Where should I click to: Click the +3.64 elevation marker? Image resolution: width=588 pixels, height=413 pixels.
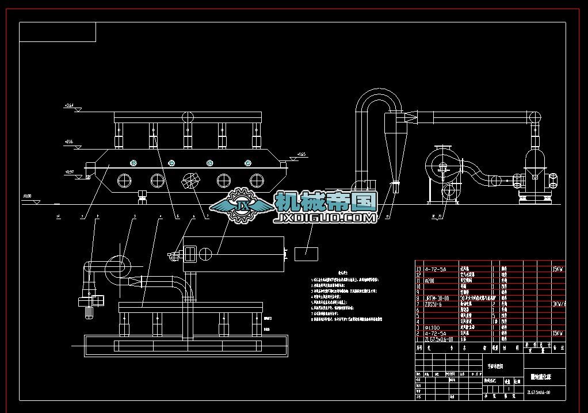[70, 106]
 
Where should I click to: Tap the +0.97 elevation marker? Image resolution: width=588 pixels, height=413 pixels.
[70, 172]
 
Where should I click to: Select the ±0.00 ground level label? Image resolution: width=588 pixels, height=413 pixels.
[27, 197]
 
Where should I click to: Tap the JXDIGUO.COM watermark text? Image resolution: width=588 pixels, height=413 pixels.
[326, 219]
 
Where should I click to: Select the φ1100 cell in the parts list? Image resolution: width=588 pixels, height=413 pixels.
[433, 327]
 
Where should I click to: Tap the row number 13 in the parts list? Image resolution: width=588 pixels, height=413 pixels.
[418, 269]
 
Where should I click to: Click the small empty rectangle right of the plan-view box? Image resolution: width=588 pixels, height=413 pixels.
[307, 253]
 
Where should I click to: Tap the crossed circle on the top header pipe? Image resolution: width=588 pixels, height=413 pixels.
[188, 117]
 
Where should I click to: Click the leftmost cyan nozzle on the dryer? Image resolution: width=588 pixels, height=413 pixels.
[133, 163]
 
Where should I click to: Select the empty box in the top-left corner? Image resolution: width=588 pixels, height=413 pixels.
[58, 32]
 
